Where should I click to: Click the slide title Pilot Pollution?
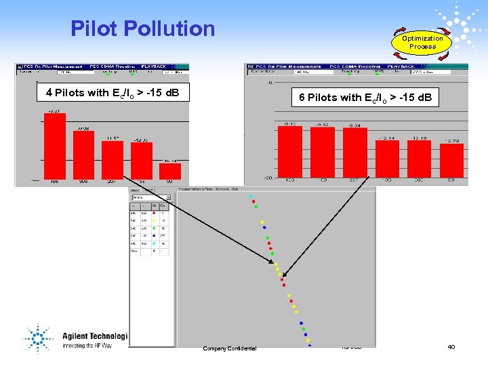click(142, 28)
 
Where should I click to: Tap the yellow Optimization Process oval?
click(422, 43)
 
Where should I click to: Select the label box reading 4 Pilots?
click(113, 93)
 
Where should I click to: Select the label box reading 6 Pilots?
click(365, 98)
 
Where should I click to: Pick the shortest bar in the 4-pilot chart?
click(169, 172)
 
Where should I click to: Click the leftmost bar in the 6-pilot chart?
click(289, 151)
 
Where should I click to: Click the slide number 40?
click(451, 347)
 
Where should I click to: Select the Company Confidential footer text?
click(230, 348)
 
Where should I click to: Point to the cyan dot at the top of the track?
click(251, 197)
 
